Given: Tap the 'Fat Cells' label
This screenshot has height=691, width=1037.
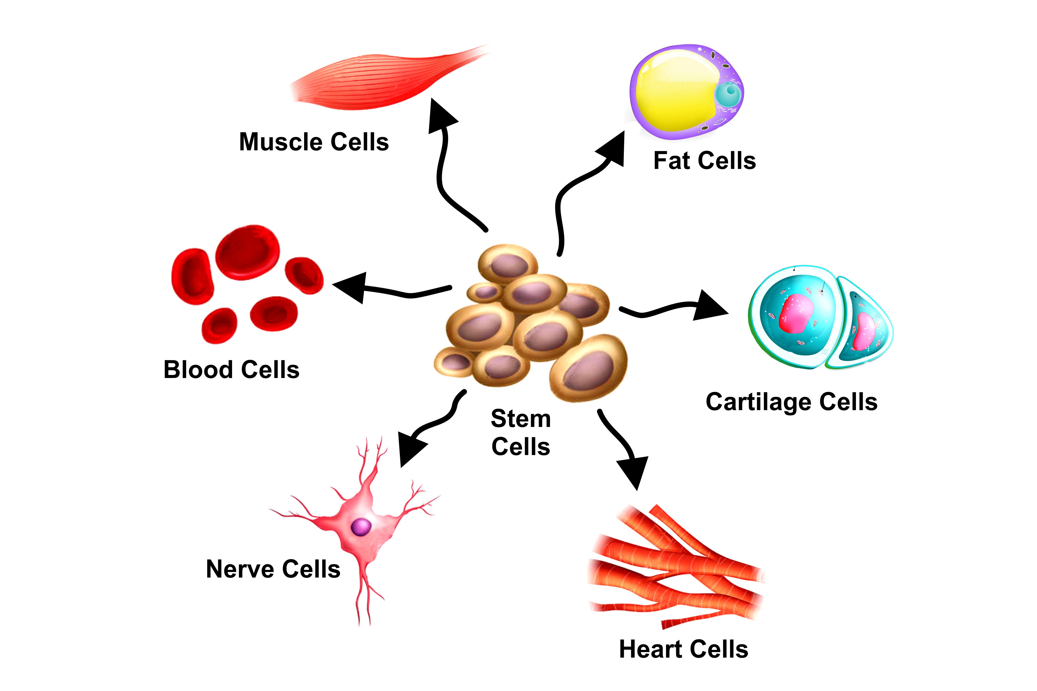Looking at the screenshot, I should click(x=704, y=160).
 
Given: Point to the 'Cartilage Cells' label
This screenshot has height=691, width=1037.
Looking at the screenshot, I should click(x=791, y=402).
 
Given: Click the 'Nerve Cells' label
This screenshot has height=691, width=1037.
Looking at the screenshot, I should click(x=273, y=569).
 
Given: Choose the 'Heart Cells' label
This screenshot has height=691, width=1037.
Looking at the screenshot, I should click(x=683, y=649).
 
